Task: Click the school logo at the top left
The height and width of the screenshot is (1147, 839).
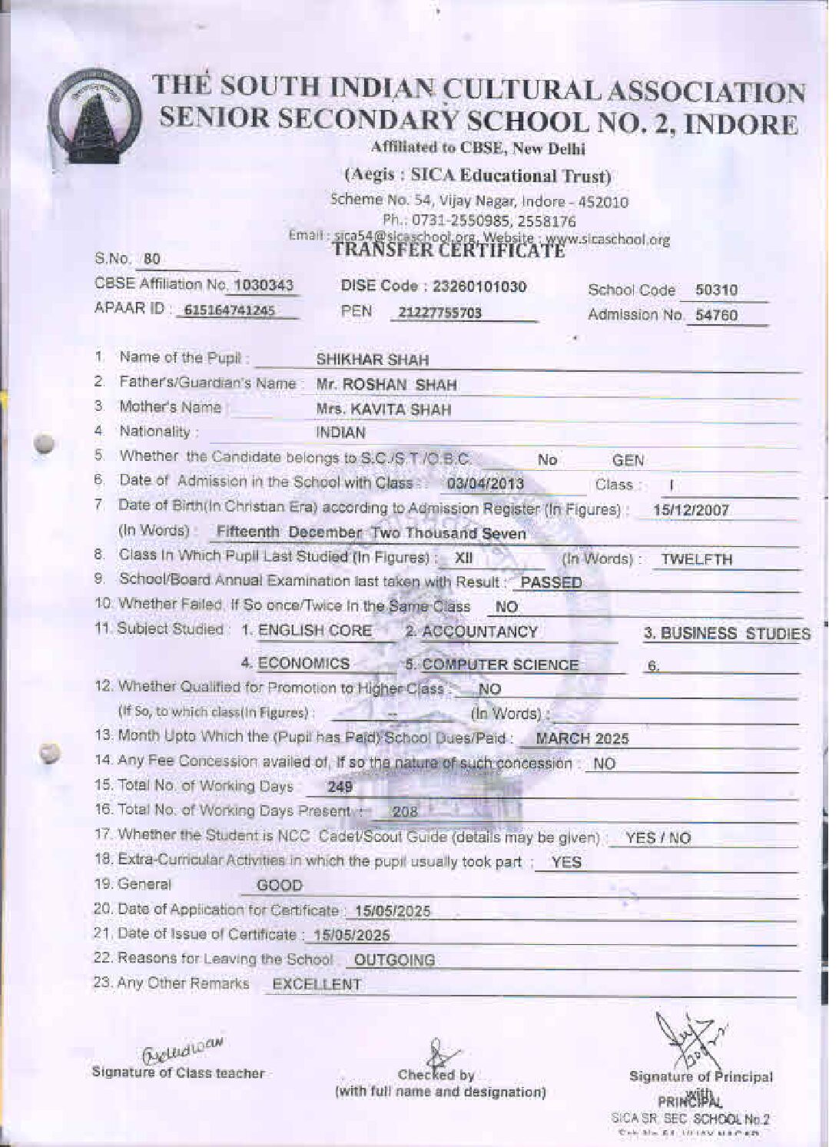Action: pyautogui.click(x=94, y=116)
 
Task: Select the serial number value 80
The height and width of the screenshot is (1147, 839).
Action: pyautogui.click(x=151, y=259)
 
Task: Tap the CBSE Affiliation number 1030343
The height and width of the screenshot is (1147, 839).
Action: pyautogui.click(x=263, y=286)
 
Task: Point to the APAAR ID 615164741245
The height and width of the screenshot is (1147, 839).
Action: pyautogui.click(x=230, y=311)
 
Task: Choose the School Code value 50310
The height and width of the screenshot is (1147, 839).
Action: pyautogui.click(x=716, y=290)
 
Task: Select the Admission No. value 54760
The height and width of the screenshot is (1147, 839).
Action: pyautogui.click(x=716, y=315)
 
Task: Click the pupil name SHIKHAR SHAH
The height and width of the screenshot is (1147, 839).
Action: pyautogui.click(x=373, y=360)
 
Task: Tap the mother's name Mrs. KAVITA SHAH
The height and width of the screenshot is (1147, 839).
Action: pyautogui.click(x=383, y=409)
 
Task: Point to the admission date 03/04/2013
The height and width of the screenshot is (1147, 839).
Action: pyautogui.click(x=485, y=484)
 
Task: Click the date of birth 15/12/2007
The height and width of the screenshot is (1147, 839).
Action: pyautogui.click(x=691, y=510)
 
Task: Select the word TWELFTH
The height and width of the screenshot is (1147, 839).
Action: pyautogui.click(x=697, y=559)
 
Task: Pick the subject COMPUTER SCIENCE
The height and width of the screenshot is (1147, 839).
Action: pyautogui.click(x=499, y=665)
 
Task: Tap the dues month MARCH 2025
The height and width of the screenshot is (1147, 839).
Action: pyautogui.click(x=582, y=739)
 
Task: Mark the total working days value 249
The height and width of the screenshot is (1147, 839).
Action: pyautogui.click(x=340, y=787)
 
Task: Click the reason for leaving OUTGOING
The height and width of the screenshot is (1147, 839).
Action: pyautogui.click(x=394, y=960)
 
